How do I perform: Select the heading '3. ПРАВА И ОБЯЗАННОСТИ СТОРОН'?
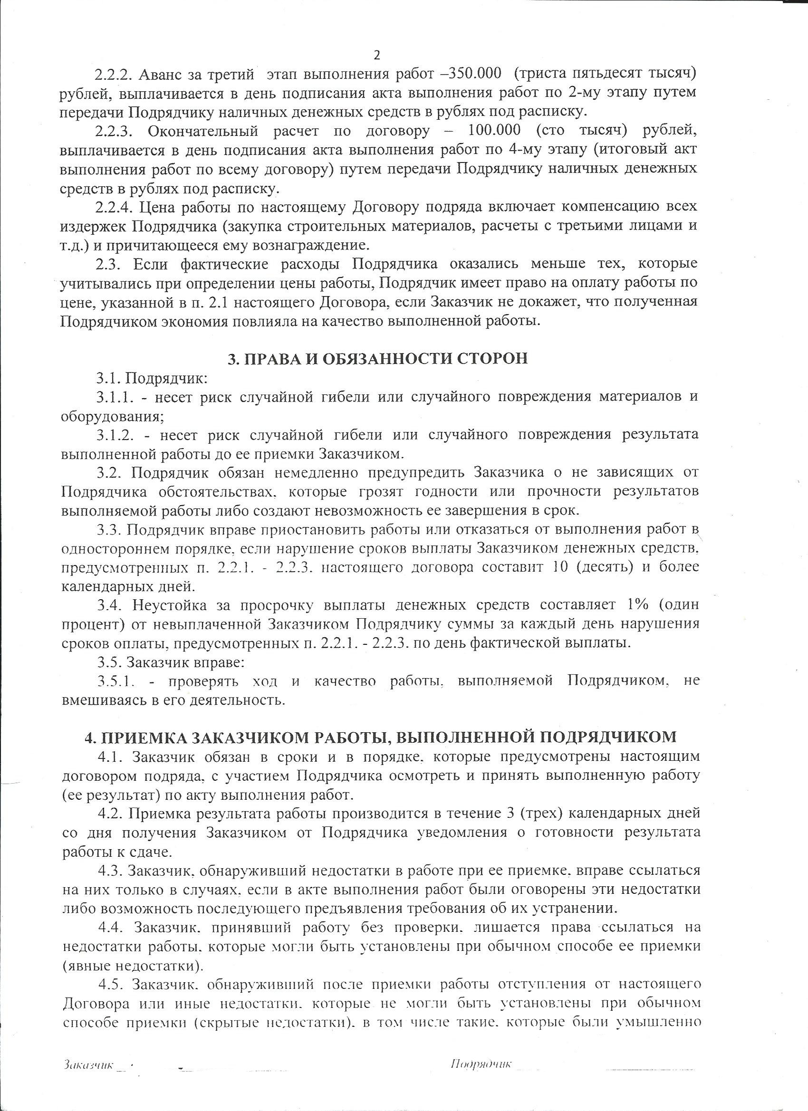click(378, 359)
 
